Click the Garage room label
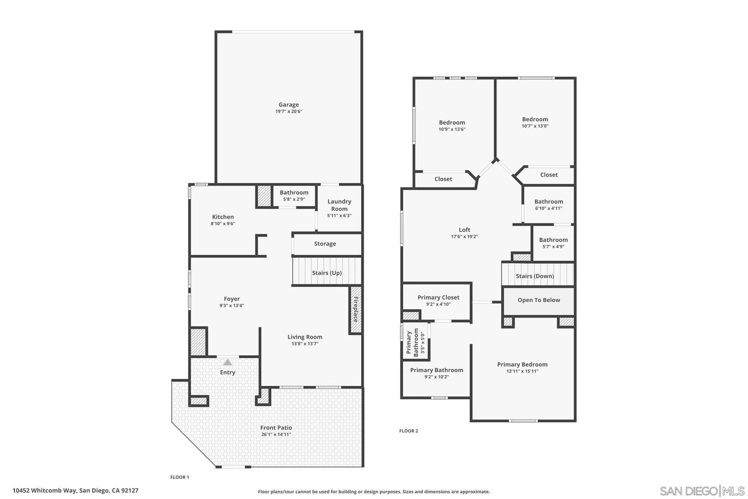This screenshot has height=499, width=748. [289, 105]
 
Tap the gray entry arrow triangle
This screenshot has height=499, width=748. [228, 362]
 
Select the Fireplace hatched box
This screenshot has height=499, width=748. [356, 309]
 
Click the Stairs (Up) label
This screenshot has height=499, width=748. [327, 273]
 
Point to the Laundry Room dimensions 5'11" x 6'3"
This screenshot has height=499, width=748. [339, 216]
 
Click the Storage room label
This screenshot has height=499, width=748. [325, 243]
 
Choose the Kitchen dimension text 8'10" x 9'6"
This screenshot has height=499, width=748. [223, 223]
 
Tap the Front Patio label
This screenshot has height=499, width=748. [276, 427]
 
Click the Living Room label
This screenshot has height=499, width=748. [305, 337]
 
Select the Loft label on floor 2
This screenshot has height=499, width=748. [464, 230]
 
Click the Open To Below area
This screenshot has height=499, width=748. [538, 300]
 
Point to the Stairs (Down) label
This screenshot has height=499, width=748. [535, 276]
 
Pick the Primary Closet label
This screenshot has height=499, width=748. [438, 297]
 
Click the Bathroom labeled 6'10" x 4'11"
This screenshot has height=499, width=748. [548, 201]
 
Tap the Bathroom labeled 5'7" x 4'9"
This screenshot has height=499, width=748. [553, 240]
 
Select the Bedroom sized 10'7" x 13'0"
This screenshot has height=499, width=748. [535, 119]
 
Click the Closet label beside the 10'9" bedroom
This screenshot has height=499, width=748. [443, 179]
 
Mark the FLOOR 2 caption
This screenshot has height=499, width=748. [408, 431]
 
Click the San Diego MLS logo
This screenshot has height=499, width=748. [702, 490]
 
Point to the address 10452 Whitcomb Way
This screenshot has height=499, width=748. [75, 490]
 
